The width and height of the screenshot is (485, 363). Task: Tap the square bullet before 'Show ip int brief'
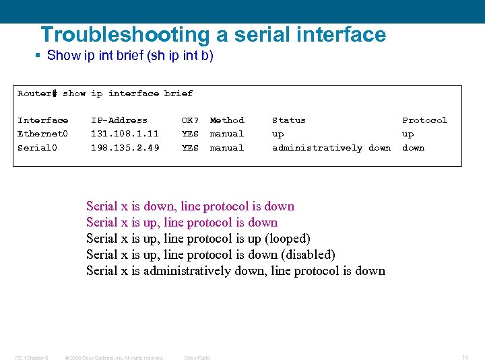click(x=38, y=56)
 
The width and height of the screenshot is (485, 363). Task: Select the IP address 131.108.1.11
click(x=125, y=134)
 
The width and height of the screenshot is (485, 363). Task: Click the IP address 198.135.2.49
click(x=125, y=148)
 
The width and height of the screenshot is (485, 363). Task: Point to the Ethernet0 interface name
click(x=42, y=134)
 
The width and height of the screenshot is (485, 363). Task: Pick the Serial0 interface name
click(x=37, y=148)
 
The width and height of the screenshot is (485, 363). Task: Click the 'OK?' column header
click(x=190, y=120)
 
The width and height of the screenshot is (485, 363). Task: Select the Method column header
click(x=227, y=120)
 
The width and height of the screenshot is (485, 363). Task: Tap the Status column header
click(x=288, y=120)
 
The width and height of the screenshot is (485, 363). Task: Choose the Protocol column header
click(x=424, y=120)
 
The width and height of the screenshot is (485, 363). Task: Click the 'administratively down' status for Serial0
click(x=331, y=148)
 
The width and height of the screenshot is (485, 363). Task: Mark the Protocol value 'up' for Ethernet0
click(x=408, y=134)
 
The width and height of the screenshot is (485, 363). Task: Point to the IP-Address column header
click(x=119, y=120)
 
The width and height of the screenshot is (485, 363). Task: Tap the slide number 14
click(x=465, y=358)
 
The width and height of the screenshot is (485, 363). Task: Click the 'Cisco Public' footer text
click(x=197, y=358)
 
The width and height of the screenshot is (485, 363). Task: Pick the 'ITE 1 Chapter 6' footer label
click(x=31, y=358)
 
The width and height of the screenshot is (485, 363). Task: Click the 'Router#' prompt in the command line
click(x=37, y=93)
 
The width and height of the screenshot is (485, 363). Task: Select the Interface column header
click(x=42, y=120)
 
